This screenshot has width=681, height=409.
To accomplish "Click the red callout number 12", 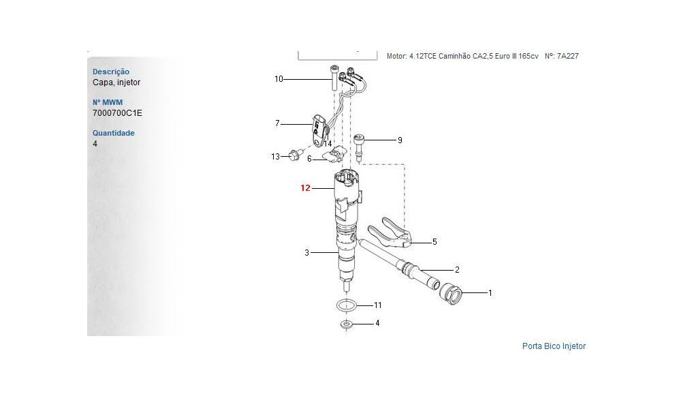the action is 305,187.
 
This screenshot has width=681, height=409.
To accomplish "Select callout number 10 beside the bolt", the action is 279,78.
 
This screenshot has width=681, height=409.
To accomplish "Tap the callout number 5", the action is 434,242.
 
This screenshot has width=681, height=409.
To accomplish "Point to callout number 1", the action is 490,293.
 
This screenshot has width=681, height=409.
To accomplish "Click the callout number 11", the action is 378,305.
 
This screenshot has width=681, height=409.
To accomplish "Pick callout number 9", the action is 400,140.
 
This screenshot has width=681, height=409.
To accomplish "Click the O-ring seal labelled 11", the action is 346,305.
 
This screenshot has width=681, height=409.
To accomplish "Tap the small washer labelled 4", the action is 346,324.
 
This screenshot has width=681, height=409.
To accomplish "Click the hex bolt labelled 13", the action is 294,155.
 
